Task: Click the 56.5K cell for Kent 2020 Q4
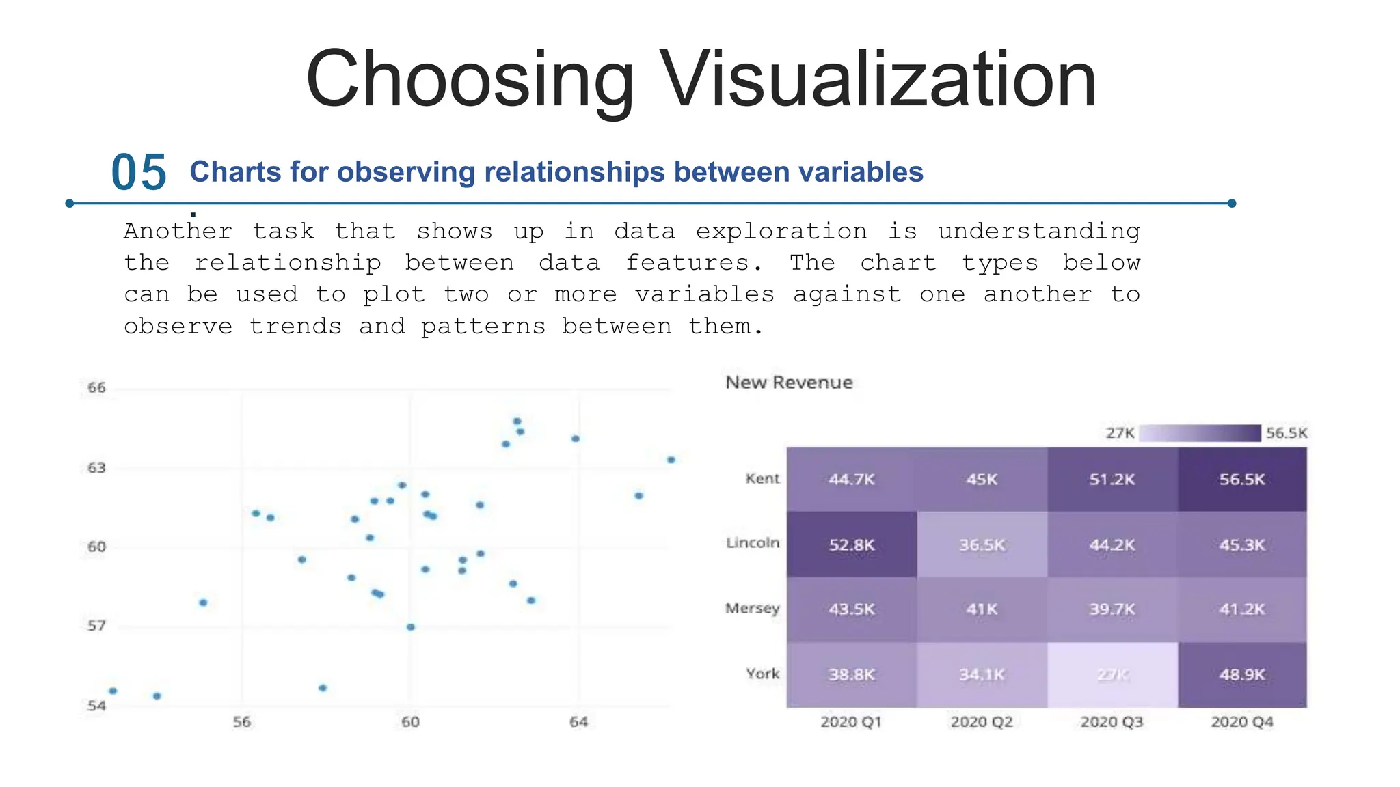(1241, 480)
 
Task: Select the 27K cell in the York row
(1112, 675)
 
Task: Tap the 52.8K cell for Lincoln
(851, 545)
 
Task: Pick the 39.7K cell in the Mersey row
(1112, 609)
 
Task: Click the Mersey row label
(752, 608)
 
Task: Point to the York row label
(762, 674)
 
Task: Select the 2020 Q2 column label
(981, 722)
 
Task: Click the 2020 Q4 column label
(1241, 722)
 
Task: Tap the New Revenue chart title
(789, 383)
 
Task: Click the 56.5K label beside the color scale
(1286, 433)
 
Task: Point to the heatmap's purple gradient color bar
(1200, 433)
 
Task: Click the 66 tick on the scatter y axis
(96, 388)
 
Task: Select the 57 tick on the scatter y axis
(96, 626)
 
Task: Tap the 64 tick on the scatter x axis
(578, 722)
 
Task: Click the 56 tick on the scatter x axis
(241, 722)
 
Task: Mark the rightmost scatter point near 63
(671, 460)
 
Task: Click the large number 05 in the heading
(139, 172)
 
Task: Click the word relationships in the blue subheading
(569, 172)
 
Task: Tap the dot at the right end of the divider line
(1231, 203)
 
